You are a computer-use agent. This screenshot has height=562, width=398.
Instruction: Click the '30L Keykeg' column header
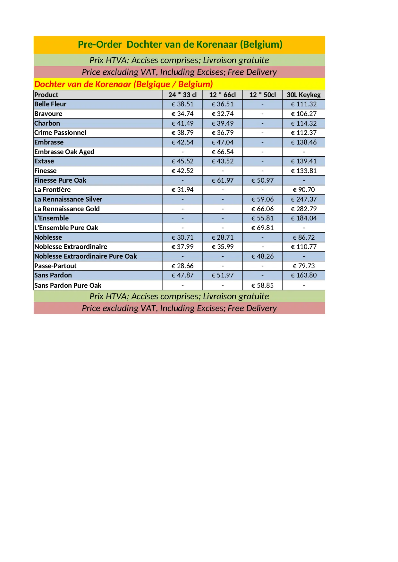coord(303,95)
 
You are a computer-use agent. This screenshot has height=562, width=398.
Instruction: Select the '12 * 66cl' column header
coord(222,95)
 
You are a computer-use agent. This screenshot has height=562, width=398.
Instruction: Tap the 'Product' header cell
coord(47,95)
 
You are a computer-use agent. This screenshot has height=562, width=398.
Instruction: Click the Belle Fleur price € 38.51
coord(182,104)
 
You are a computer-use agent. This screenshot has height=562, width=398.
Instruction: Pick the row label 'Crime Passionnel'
coord(60,133)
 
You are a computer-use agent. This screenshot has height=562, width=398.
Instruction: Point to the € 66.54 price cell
coord(223,152)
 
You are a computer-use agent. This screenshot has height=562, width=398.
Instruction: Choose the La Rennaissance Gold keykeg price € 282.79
coord(303,209)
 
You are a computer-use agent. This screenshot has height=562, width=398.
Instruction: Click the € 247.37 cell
coord(303,199)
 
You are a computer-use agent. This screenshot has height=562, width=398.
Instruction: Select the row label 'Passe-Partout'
coord(55,266)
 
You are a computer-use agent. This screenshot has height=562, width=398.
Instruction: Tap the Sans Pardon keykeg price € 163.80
coord(303,275)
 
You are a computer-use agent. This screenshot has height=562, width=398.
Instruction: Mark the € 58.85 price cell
coord(262,285)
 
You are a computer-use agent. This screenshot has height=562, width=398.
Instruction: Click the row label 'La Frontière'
coord(53,190)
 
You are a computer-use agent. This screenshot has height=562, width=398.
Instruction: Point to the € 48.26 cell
coord(262,256)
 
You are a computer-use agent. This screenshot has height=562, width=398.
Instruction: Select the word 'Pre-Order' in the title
coord(100,45)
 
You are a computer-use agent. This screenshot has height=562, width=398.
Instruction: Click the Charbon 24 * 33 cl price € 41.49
coord(182,123)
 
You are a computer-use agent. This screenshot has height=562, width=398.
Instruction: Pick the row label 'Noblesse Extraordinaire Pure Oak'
coord(86,256)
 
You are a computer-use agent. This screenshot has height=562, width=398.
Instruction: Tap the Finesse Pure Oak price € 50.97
coord(262,180)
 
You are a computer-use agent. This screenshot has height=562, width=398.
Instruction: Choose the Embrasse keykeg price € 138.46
coord(303,142)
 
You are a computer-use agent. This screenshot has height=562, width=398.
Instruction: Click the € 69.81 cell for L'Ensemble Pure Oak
coord(262,228)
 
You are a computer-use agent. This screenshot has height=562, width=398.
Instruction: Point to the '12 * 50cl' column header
coord(262,95)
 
